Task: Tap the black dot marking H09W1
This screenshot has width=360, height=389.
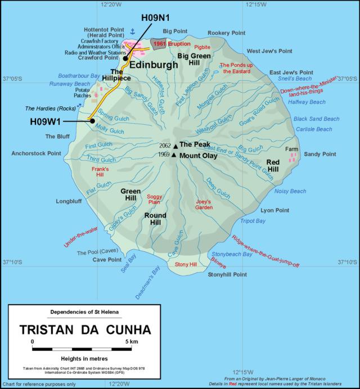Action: (91, 120)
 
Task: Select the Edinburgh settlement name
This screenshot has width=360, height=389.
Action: (154, 65)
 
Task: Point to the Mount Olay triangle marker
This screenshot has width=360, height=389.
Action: (174, 155)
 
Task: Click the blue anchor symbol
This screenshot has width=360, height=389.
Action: (133, 31)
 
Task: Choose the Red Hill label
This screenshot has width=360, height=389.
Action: (273, 166)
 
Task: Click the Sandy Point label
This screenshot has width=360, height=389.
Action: (319, 154)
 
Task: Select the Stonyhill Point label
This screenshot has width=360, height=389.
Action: (227, 275)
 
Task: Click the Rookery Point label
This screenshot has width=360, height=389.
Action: (227, 33)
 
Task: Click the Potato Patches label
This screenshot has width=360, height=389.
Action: (83, 93)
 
